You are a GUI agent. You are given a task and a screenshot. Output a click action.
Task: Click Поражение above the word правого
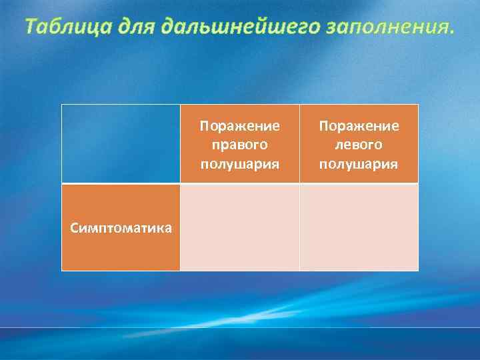point(239,126)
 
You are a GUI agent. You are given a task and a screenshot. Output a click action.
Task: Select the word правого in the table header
point(239,145)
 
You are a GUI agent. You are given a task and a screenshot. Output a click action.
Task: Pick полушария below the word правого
point(239,164)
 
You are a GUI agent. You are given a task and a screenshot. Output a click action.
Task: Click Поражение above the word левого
point(359,126)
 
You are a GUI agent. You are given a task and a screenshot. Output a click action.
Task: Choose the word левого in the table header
point(359,145)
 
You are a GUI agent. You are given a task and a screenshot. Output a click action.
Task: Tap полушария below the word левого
point(359,164)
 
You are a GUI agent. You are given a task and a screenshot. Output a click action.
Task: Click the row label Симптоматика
point(121,228)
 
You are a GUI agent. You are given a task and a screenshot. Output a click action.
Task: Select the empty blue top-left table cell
point(121,143)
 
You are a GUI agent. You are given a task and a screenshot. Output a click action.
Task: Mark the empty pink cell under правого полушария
point(239,227)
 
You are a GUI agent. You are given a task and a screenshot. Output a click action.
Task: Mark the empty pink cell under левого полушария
point(359,227)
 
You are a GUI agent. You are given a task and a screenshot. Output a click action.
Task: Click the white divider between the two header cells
point(299,143)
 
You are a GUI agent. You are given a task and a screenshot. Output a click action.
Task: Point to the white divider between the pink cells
point(299,227)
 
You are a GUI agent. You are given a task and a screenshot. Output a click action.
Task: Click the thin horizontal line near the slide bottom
point(240,328)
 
